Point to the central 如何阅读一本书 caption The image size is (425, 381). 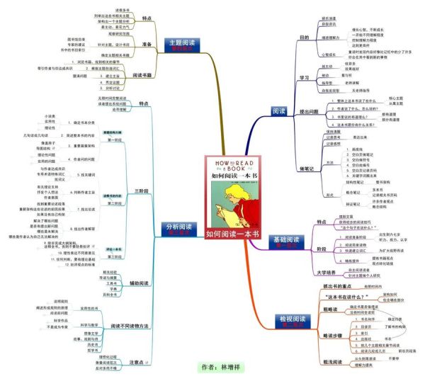coord(232,233)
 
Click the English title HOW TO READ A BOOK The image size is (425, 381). coord(232,166)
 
